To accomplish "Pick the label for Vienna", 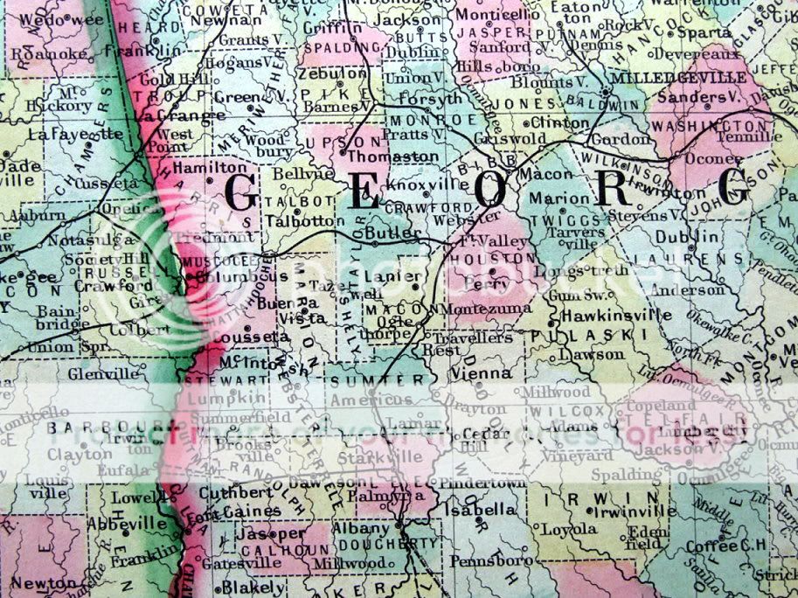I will pyautogui.click(x=481, y=373).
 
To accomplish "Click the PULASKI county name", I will pyautogui.click(x=583, y=335).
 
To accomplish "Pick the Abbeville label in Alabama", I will pyautogui.click(x=127, y=525).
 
